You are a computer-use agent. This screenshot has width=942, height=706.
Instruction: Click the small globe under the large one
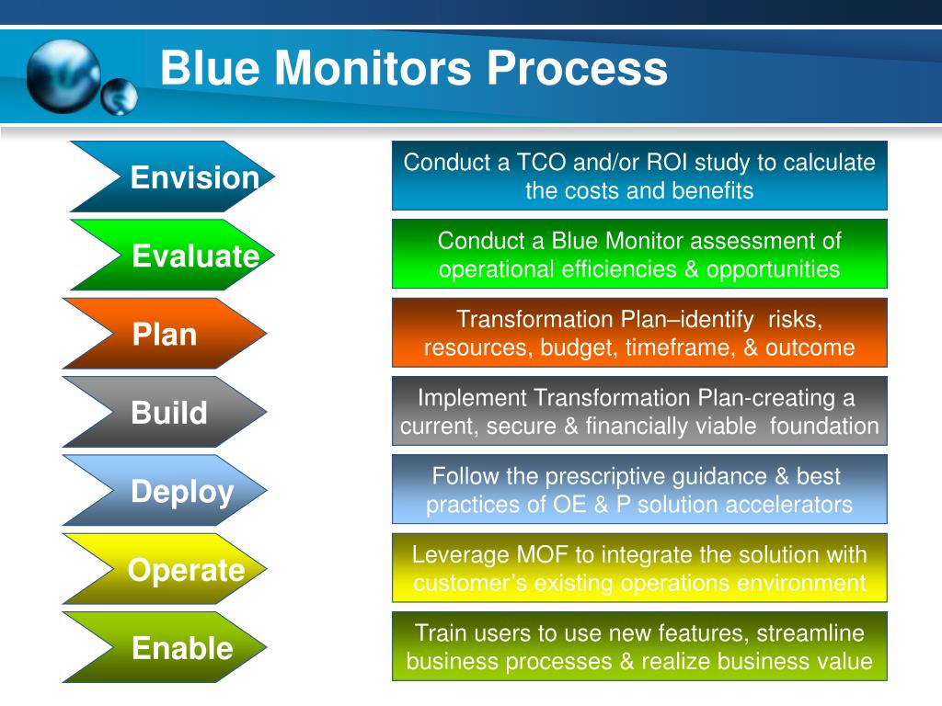point(120,97)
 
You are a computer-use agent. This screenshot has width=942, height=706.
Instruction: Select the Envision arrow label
point(194,177)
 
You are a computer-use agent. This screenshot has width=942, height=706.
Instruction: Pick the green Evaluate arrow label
point(195,256)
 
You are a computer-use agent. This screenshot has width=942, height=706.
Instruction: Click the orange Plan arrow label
point(165,335)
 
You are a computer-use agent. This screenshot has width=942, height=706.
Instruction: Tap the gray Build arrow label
point(169,413)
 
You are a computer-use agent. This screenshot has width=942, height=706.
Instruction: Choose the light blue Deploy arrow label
point(182,492)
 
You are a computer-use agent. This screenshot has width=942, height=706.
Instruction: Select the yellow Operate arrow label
point(186,570)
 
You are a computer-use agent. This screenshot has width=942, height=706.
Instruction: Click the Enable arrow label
point(182,648)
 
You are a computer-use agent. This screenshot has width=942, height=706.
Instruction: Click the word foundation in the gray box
point(824,426)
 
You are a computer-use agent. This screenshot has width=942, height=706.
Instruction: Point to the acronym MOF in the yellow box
point(530,554)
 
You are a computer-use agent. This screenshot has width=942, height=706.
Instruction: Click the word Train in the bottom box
point(441,632)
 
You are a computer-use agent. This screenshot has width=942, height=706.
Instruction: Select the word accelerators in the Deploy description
point(787,505)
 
